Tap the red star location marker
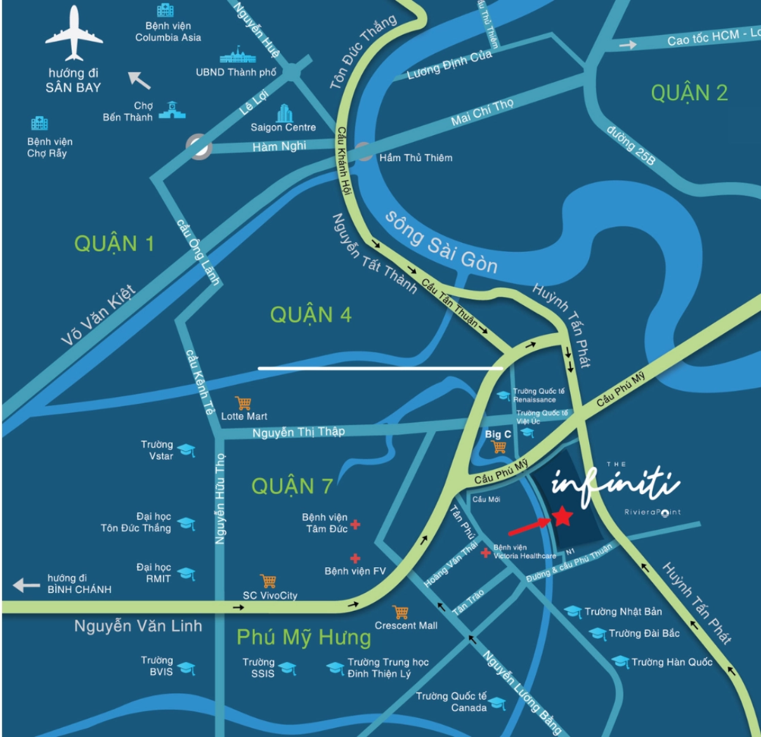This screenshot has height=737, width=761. point(562,516)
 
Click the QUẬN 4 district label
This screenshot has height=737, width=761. point(310,315)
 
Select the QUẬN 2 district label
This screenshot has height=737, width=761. point(689,93)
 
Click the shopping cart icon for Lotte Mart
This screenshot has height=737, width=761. point(243,403)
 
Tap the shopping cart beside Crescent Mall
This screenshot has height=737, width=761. point(400,612)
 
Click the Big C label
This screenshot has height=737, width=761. point(498,434)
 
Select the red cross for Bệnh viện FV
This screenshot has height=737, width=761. point(355,558)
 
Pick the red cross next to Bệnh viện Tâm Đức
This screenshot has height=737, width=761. point(356,525)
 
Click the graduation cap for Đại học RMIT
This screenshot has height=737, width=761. point(186,574)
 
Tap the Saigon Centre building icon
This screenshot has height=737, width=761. point(285,114)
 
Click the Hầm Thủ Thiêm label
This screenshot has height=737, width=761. point(415,158)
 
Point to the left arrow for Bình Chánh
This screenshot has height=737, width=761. point(27,585)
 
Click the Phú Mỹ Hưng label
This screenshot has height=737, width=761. point(304,637)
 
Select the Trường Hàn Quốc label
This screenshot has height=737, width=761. point(672,662)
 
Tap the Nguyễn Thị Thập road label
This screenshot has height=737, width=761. point(298,433)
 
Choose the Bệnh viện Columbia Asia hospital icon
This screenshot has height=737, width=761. point(166,10)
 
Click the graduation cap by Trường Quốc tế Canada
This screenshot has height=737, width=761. point(498,703)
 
